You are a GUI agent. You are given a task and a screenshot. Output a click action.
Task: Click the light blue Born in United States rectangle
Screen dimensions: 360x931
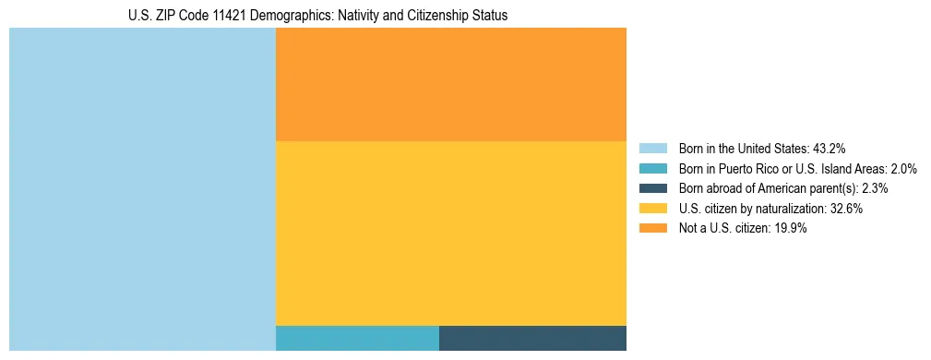[142, 189]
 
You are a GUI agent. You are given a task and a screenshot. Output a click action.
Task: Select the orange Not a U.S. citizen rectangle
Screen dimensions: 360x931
[450, 84]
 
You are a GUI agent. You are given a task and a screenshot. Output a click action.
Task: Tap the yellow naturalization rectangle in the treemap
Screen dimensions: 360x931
[450, 233]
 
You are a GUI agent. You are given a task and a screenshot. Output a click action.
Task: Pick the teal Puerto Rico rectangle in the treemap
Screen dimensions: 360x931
[357, 338]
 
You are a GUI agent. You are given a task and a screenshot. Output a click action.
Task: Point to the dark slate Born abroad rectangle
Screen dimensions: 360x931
[532, 338]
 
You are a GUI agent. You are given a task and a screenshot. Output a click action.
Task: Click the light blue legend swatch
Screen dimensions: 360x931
[652, 149]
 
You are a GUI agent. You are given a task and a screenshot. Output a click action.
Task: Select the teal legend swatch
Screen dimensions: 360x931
[652, 169]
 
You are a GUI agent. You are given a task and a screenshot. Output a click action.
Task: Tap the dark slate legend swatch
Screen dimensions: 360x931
[652, 188]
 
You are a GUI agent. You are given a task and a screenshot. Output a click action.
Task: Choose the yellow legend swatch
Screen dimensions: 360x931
[652, 209]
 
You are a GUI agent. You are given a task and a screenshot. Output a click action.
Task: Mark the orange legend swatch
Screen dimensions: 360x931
[652, 229]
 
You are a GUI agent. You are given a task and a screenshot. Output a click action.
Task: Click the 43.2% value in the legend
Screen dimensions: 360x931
[829, 149]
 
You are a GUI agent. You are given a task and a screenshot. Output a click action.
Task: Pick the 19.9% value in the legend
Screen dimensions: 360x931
[791, 229]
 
